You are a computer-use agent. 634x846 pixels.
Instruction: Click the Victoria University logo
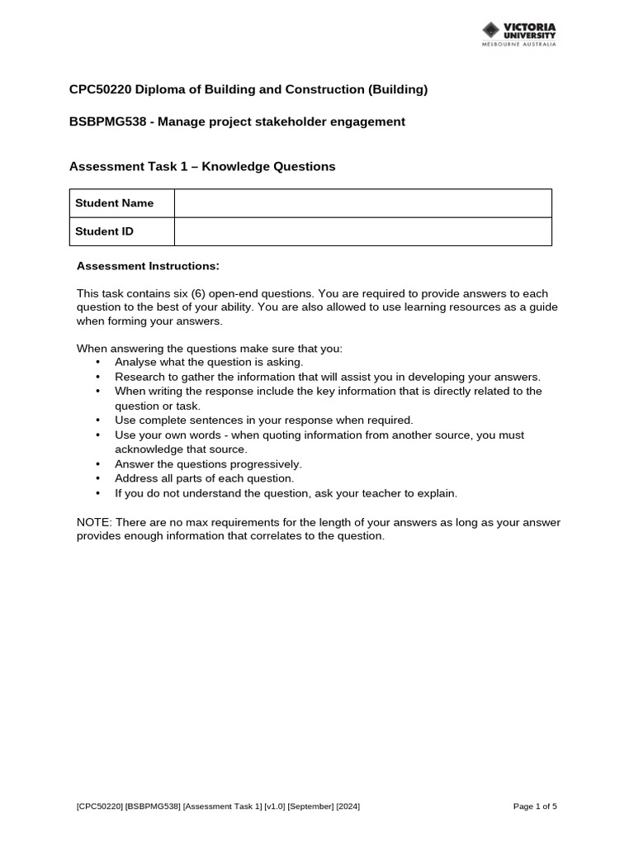[519, 34]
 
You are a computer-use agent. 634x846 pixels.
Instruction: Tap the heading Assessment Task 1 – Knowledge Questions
[202, 166]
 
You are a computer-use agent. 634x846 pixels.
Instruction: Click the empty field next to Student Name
[362, 203]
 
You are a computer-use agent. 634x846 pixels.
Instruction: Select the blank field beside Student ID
[362, 231]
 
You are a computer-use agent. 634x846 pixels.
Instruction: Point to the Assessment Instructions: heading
[148, 266]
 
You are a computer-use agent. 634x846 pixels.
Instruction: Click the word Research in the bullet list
[140, 376]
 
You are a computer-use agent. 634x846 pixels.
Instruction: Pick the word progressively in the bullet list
[266, 464]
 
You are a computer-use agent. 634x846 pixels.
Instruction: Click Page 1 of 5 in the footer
[535, 806]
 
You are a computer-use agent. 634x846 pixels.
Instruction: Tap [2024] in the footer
[348, 806]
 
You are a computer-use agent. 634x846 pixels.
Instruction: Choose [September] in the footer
[310, 806]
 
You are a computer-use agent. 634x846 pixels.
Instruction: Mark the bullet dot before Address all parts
[97, 479]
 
